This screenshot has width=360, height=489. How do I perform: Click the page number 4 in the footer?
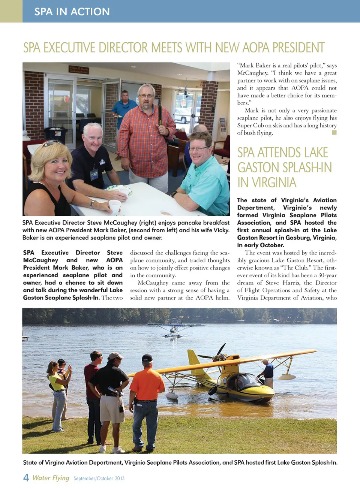point(26,477)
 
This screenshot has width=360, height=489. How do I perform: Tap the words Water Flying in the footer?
point(51,478)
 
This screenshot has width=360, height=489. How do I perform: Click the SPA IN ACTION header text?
point(72,12)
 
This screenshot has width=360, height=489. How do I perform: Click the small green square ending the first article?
point(334,133)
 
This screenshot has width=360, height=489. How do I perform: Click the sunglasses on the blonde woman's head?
point(52,143)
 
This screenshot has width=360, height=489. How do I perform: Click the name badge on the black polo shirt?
point(94,174)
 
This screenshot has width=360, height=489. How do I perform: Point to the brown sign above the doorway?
point(79,69)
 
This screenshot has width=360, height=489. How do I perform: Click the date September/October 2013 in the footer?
point(99,479)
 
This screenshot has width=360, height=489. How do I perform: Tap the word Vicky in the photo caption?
point(221,230)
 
